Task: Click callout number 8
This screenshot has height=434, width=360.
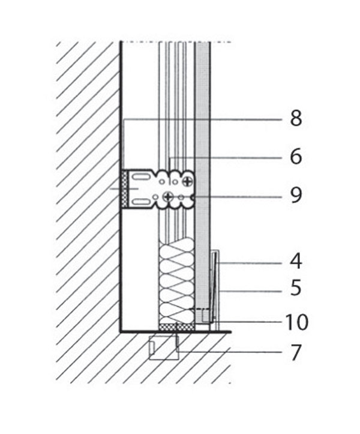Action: [296, 118]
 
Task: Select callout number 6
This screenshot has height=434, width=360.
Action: [296, 157]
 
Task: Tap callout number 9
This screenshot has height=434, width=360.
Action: [296, 195]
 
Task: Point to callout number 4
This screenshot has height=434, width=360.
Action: [296, 262]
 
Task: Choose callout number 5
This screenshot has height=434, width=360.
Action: [296, 288]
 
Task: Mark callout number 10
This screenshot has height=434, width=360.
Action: [296, 322]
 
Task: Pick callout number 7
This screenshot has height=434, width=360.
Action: [296, 352]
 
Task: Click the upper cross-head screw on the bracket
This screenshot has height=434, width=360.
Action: [187, 181]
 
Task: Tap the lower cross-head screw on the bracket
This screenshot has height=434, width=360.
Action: [167, 197]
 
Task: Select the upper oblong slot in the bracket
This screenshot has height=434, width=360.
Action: [141, 176]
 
